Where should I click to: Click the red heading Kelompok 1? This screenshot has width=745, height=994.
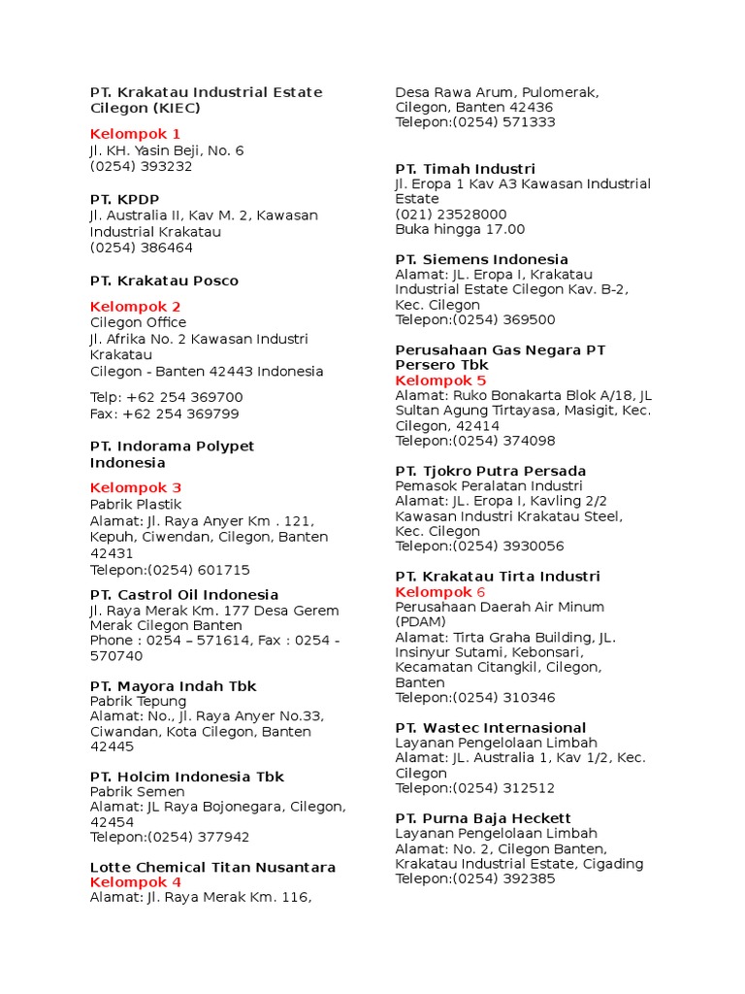(135, 134)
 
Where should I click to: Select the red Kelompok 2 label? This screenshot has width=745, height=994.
(135, 307)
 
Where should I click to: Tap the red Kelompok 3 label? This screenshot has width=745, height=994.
(135, 488)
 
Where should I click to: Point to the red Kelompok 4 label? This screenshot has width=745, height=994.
(135, 882)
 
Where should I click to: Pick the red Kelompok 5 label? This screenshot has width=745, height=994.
(440, 381)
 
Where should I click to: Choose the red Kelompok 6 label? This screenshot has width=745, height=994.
(439, 592)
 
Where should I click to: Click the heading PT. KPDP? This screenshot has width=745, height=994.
(124, 199)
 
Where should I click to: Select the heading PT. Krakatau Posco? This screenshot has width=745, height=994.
(164, 281)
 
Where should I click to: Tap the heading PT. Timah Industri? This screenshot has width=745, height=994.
(465, 169)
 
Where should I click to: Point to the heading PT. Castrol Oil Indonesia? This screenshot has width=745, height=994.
(184, 595)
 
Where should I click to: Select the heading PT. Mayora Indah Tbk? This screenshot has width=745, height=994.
(173, 686)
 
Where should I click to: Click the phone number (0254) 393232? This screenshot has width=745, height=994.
(142, 166)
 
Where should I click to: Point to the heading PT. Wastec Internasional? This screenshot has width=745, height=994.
(491, 728)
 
